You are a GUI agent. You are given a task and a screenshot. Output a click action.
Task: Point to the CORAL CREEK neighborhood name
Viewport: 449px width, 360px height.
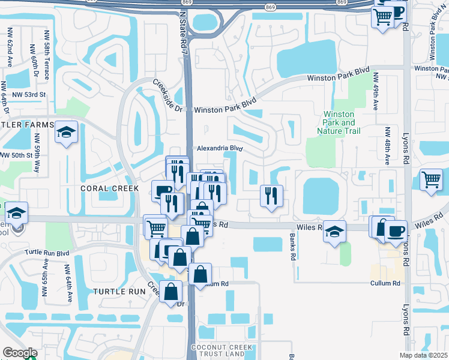110,188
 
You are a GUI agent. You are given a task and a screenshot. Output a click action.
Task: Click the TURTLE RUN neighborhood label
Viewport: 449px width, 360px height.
119,291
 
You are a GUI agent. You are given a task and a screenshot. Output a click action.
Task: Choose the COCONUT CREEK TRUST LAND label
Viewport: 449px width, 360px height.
217,351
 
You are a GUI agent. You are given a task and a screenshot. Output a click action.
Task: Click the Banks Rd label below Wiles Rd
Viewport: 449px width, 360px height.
292,247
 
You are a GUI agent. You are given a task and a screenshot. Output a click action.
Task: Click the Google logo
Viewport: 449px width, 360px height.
19,353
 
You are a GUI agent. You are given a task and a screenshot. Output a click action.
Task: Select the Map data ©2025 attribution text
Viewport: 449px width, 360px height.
423,355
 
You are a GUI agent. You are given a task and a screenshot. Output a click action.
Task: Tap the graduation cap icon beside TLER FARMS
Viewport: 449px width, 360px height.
66,133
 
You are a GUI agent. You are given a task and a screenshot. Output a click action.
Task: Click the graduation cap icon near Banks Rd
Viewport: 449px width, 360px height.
334,231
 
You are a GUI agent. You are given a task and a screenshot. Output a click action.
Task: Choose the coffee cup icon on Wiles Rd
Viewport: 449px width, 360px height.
396,231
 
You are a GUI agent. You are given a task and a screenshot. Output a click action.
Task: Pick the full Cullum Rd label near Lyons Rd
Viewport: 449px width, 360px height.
385,283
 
